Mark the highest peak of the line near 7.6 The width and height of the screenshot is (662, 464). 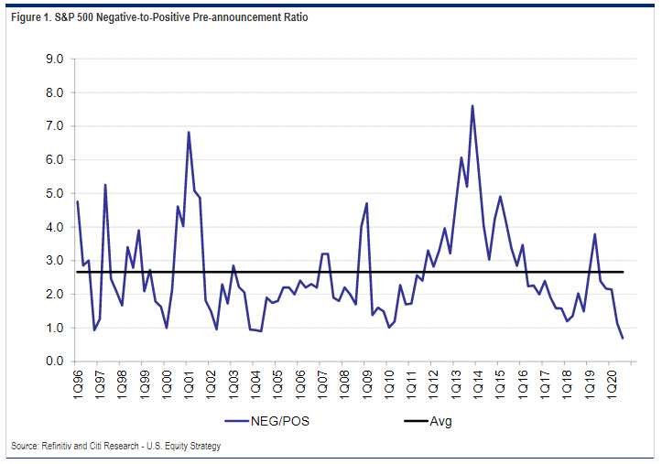coord(472,105)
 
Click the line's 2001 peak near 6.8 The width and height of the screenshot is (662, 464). coord(189,132)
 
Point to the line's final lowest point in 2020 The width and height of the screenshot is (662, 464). coord(623,339)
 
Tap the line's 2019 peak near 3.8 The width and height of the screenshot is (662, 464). coord(595,234)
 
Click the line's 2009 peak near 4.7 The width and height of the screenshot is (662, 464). coord(366,203)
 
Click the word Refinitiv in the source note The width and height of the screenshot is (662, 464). coord(59,446)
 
